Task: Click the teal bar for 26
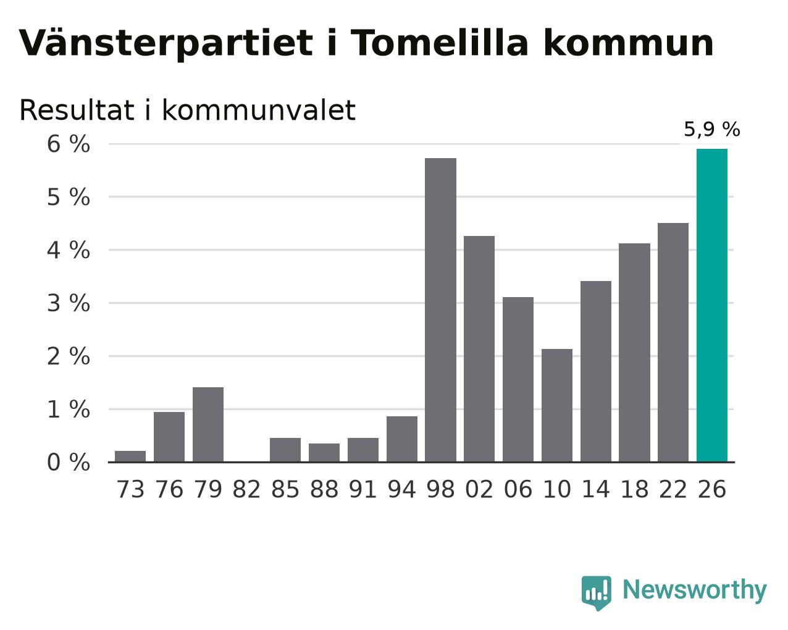(x=711, y=305)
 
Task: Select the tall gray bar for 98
(x=440, y=310)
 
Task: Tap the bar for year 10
(x=556, y=405)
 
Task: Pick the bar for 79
(x=208, y=424)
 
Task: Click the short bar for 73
(x=130, y=456)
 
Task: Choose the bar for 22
(x=673, y=342)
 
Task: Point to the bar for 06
(x=518, y=379)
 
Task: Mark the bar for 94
(x=401, y=439)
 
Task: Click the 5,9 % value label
(x=712, y=129)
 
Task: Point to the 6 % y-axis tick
(x=69, y=144)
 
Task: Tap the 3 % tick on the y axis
(x=69, y=303)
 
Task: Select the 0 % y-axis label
(x=69, y=462)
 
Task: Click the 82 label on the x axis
(x=246, y=489)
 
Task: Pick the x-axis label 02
(x=479, y=489)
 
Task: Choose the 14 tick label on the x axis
(x=595, y=489)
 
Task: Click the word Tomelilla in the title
(x=440, y=43)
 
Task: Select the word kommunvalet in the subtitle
(x=259, y=110)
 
